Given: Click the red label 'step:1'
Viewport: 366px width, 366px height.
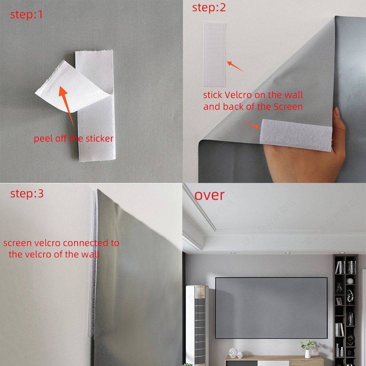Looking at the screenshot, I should click(x=26, y=15).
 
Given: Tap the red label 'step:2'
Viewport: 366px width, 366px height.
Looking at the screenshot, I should click(x=209, y=8).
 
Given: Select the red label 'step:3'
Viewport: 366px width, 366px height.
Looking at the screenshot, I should click(x=27, y=194).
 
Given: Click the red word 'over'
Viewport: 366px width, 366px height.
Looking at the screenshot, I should click(x=209, y=195).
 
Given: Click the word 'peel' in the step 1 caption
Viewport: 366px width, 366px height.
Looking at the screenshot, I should click(x=43, y=139).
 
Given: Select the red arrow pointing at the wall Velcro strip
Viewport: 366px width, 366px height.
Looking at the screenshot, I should click(x=235, y=66).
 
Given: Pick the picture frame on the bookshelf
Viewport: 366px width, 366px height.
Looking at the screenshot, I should click(x=339, y=302).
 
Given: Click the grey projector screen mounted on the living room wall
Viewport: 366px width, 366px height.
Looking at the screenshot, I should click(x=271, y=307).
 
